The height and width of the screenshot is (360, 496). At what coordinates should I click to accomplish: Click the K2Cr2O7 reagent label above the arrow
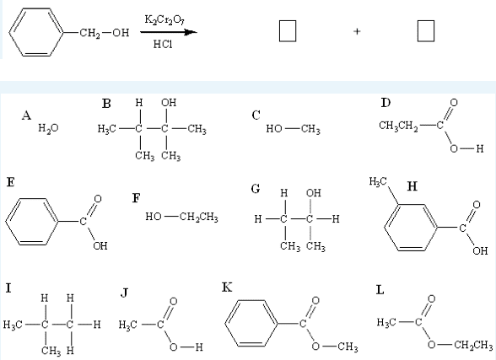pos(164,20)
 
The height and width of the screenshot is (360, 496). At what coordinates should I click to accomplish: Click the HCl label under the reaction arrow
pos(163,44)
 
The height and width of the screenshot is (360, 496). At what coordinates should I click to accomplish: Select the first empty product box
pos(288,31)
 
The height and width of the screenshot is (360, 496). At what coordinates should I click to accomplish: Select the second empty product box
pos(426,31)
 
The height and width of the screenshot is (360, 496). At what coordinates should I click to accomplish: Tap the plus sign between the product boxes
pos(357,31)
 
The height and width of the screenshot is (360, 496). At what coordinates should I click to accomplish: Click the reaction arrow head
pos(191,32)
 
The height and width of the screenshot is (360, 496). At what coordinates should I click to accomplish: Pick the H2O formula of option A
pos(48,128)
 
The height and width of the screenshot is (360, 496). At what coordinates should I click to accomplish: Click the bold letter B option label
pos(106,104)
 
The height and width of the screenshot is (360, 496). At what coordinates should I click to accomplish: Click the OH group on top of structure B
pos(169,103)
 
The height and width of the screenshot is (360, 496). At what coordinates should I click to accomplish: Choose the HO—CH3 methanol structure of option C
pos(293,129)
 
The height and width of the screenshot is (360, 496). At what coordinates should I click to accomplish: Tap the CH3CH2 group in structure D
pos(398,126)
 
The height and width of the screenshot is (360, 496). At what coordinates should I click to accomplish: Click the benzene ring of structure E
pos(32,222)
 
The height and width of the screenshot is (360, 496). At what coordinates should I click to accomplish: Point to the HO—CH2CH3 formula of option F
pos(181,217)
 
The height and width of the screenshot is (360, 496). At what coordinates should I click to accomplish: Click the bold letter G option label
pos(256,189)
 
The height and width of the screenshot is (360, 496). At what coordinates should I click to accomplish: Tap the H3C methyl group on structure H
pos(378,181)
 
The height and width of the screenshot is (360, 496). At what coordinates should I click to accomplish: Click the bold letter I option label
pos(8,288)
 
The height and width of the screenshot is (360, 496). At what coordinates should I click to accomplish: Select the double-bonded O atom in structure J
pos(173,301)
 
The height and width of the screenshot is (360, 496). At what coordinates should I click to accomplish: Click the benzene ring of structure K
pos(251,324)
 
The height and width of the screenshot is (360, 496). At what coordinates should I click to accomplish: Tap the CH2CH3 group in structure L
pos(473,345)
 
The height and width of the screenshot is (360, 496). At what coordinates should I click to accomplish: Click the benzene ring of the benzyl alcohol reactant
pos(37,32)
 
